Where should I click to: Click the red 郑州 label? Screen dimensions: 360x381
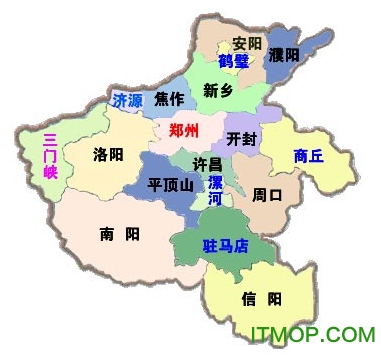click(184, 131)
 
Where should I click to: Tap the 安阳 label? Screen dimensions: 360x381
click(246, 44)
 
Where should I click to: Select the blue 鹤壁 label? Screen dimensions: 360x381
click(234, 61)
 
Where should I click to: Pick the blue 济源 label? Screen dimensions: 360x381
click(127, 101)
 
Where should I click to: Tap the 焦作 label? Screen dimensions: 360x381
click(169, 100)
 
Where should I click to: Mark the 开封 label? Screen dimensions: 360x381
click(242, 138)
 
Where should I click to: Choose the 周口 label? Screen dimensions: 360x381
click(267, 193)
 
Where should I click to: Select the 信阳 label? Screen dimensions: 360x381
click(261, 298)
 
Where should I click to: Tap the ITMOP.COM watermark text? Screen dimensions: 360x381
click(311, 334)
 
